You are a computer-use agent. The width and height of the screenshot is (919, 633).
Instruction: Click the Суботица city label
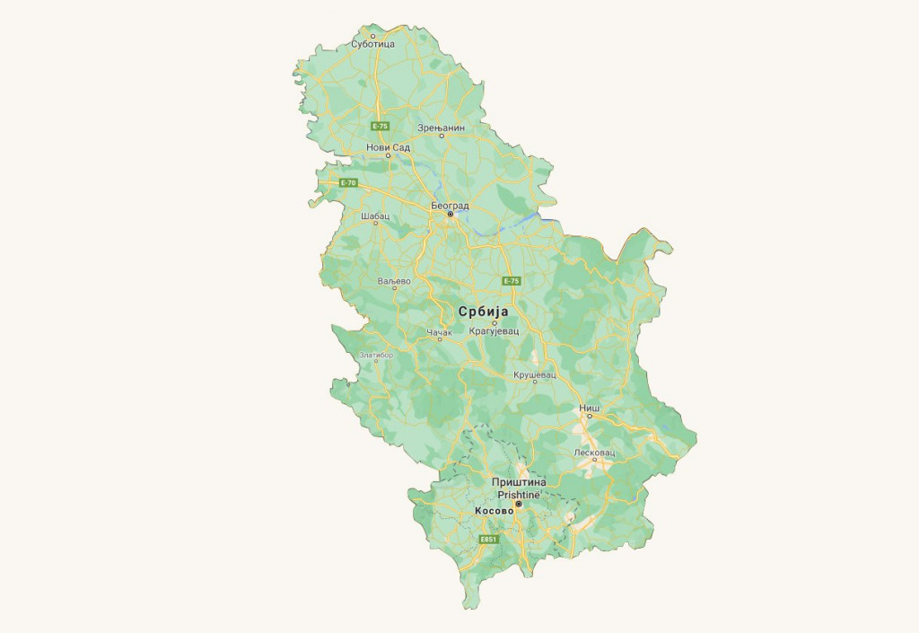coord(373,43)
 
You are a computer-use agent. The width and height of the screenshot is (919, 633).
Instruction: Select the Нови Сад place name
coord(388,146)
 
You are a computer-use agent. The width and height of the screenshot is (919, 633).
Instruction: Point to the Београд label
coord(451,205)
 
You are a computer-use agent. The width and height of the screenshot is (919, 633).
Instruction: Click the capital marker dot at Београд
coord(451,215)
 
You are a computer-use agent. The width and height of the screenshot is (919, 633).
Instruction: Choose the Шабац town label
coord(374,216)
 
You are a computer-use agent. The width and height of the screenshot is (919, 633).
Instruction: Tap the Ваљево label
coord(394,281)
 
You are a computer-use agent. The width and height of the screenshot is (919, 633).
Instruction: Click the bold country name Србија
coord(484,312)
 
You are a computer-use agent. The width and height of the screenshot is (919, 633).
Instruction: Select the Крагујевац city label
coord(494,331)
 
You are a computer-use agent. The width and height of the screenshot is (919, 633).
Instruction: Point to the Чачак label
coord(440,332)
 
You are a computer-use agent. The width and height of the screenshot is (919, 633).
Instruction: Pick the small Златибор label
coord(376,355)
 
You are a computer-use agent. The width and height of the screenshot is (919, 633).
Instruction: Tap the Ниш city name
coord(589,408)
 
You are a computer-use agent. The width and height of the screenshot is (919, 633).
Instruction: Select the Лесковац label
coord(594,452)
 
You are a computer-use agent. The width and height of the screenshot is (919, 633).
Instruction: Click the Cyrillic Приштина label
coord(519,482)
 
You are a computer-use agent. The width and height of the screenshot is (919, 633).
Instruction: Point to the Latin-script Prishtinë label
coord(517,494)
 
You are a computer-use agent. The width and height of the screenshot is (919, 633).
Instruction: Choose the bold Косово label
coord(494,510)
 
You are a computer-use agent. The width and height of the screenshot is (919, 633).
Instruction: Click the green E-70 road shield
coord(349,182)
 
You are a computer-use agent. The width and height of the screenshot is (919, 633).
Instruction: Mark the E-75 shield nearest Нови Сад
coord(381,127)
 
